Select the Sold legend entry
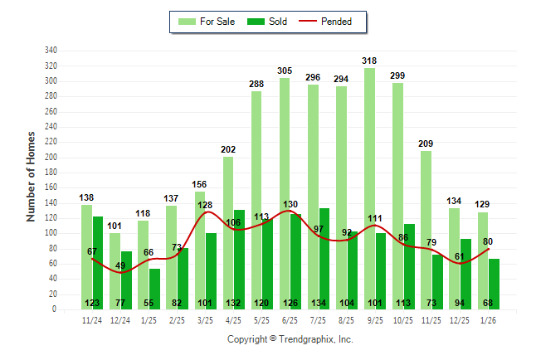pyautogui.click(x=267, y=22)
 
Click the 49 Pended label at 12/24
pyautogui.click(x=120, y=265)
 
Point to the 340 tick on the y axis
pyautogui.click(x=51, y=51)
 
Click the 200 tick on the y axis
pyautogui.click(x=51, y=157)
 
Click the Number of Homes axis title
pyautogui.click(x=31, y=175)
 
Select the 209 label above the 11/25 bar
pyautogui.click(x=426, y=144)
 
